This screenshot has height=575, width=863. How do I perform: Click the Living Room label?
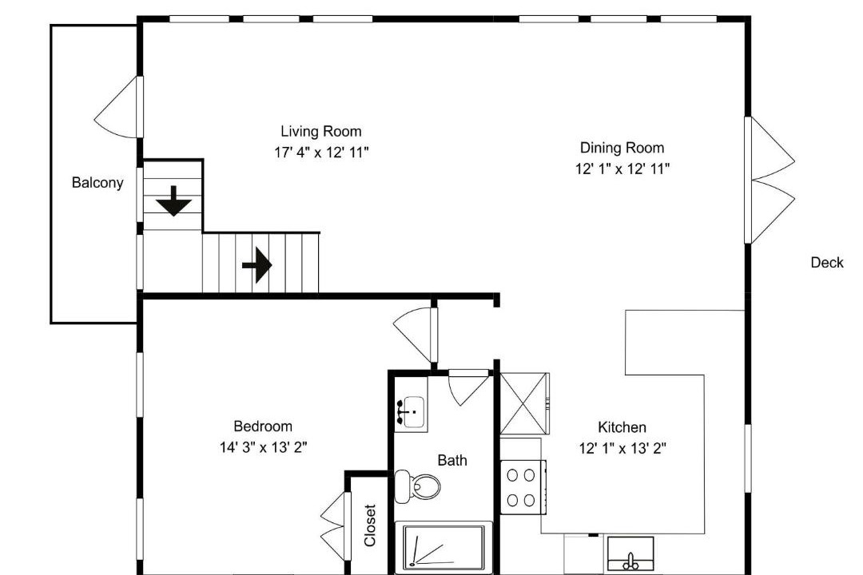[x=321, y=132]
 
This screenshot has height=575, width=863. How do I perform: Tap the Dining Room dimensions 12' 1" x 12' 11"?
[x=622, y=169]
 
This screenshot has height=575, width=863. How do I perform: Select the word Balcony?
[x=97, y=183]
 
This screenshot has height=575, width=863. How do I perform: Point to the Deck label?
[x=827, y=263]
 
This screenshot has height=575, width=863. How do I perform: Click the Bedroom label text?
[x=263, y=426]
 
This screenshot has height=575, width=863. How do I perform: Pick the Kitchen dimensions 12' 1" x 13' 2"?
[x=622, y=449]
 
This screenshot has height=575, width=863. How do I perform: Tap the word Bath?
[x=452, y=460]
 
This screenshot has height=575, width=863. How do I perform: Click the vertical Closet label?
[x=370, y=525]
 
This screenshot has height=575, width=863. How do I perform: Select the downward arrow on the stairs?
[x=174, y=200]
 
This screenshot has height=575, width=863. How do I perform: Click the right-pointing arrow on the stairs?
[x=257, y=265]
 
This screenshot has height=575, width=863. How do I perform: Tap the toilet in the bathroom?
[x=417, y=486]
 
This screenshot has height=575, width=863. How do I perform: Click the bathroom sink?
[x=411, y=411]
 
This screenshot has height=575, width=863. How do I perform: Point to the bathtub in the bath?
[x=443, y=548]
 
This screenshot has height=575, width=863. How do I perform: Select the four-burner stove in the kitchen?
[x=522, y=487]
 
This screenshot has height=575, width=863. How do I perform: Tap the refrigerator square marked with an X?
[x=524, y=403]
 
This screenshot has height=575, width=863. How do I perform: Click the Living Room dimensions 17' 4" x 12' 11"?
[x=321, y=153]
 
